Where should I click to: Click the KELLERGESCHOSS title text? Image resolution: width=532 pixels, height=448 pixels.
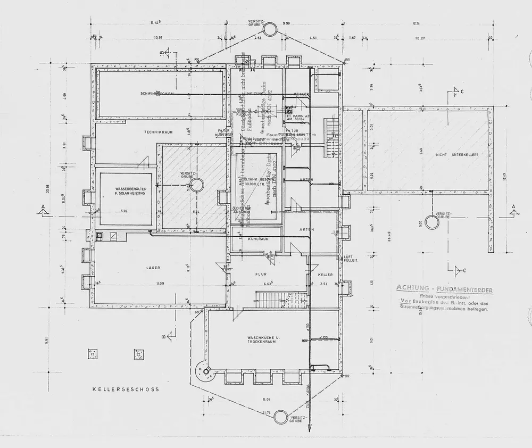click(x=126, y=389)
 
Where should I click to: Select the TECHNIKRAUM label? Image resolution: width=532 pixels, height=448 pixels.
click(x=160, y=131)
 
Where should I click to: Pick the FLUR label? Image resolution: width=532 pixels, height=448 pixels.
click(x=260, y=275)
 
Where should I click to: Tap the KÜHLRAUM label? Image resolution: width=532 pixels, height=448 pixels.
click(x=257, y=239)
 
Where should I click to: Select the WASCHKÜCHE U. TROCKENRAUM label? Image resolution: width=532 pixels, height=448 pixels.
click(x=260, y=340)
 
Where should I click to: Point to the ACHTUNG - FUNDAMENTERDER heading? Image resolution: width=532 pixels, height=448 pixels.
click(x=444, y=289)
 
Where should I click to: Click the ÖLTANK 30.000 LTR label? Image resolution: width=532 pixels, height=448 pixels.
click(x=257, y=181)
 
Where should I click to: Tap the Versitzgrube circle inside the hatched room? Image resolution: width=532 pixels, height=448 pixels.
click(x=196, y=185)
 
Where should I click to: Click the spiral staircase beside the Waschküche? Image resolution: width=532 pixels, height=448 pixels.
click(x=203, y=371)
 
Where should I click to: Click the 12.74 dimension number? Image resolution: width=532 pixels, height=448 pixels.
click(x=416, y=23)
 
